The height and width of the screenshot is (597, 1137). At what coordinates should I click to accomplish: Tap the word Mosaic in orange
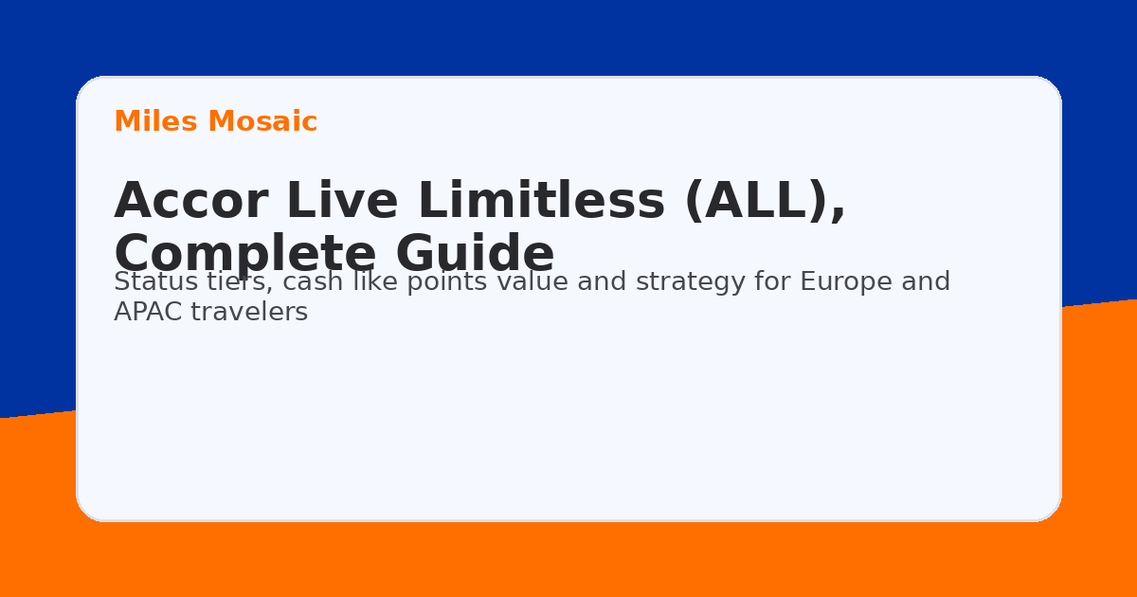262,122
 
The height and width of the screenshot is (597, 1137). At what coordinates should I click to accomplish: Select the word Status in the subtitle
148,282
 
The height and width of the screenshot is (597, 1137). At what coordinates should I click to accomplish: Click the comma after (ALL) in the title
837,216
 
